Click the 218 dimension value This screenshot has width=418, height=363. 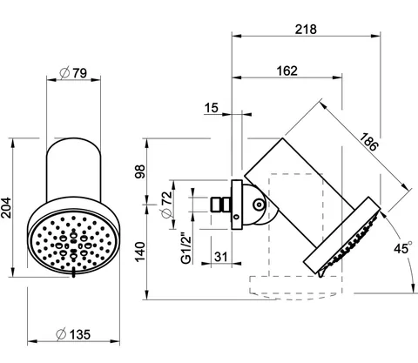[x=306, y=30]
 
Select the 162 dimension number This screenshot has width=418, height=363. [x=287, y=71]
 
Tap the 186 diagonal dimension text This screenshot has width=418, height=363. [x=369, y=142]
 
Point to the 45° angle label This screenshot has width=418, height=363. [x=403, y=247]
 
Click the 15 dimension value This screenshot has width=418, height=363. [x=211, y=108]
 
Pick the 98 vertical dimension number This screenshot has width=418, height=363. [x=139, y=171]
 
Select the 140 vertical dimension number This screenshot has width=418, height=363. [x=139, y=252]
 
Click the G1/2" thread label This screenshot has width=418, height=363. [x=186, y=248]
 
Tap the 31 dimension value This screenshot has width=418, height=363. [x=221, y=257]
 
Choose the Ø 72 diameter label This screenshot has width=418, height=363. [x=166, y=204]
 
